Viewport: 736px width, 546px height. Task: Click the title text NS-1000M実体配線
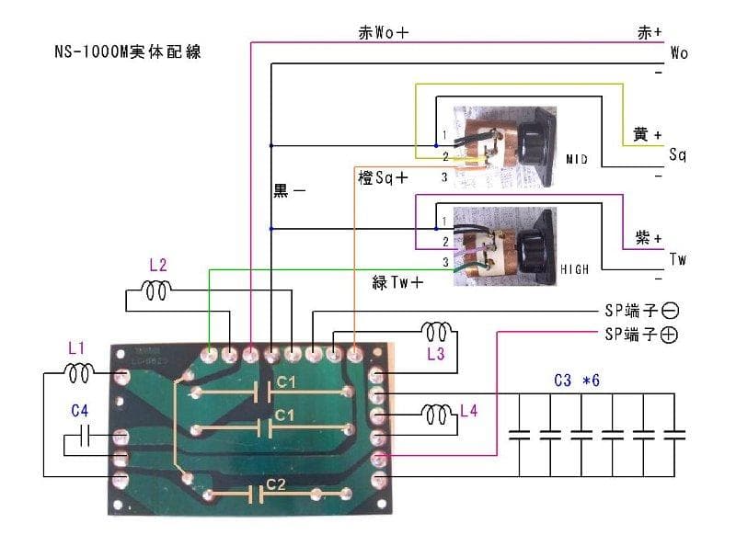[127, 52]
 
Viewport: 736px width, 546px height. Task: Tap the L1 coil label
[76, 349]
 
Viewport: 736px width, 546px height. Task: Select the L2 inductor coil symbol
[155, 292]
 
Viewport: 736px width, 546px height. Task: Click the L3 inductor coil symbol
[435, 329]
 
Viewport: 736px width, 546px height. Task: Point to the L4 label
[469, 411]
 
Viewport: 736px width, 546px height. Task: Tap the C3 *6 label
[577, 380]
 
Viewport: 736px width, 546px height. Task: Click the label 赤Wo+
[383, 32]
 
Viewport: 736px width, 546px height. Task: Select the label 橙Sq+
[382, 177]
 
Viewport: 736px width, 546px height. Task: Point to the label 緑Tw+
[397, 283]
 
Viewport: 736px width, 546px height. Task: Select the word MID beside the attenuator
[578, 160]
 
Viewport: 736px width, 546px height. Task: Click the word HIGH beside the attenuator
[576, 270]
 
